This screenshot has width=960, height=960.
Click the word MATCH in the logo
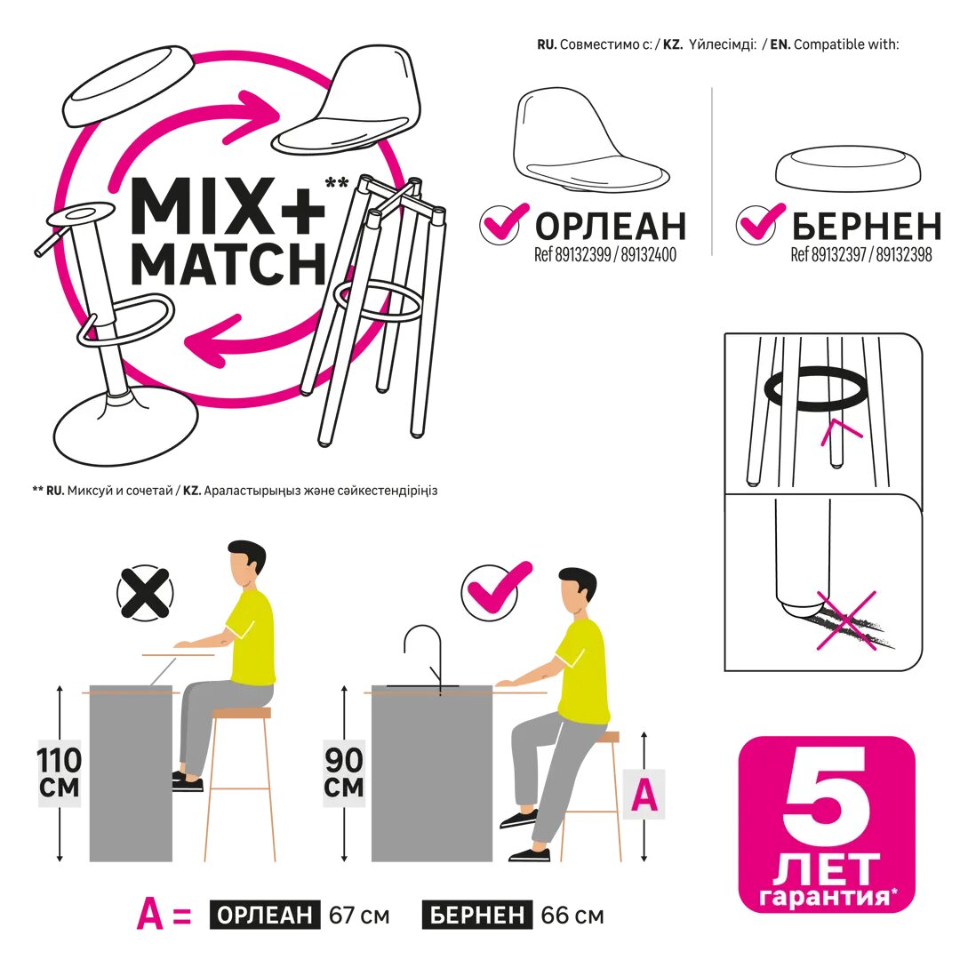click(228, 264)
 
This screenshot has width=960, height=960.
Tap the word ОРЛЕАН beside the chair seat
click(611, 226)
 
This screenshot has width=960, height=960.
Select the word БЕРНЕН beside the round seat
click(867, 226)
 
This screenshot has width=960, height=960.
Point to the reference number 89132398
click(904, 255)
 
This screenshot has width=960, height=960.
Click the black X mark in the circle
click(145, 593)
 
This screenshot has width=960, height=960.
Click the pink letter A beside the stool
click(644, 796)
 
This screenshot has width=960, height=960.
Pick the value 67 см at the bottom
click(359, 916)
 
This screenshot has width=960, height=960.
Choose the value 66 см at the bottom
click(572, 916)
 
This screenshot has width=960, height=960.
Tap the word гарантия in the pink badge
click(824, 896)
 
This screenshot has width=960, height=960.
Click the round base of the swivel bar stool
click(125, 426)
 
